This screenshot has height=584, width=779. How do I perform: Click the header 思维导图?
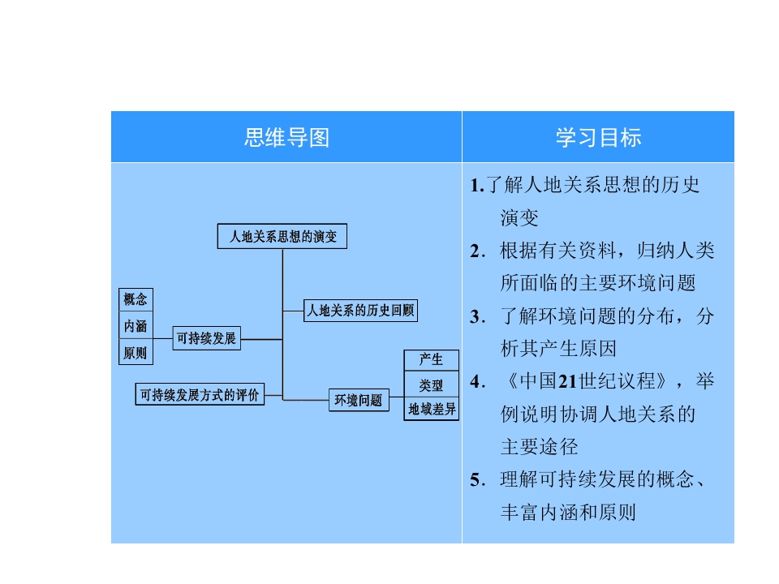pos(286,138)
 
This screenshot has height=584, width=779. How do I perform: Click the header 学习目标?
pos(598,138)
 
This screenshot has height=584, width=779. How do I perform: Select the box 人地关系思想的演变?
pos(282,236)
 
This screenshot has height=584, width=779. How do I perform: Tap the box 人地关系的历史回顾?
pos(360,311)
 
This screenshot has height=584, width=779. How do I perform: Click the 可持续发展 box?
pos(207,338)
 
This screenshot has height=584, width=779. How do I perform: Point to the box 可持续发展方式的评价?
pos(200,394)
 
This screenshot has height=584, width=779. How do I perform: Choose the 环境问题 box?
pos(359,400)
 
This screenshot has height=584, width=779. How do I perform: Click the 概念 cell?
pos(136,299)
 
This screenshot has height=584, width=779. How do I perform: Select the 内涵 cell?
pos(136,326)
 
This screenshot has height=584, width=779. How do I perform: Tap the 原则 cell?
pos(136,353)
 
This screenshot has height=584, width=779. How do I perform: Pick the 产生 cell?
pos(431,359)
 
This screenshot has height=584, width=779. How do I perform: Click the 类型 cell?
pos(431,384)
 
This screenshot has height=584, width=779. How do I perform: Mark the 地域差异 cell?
pos(431,409)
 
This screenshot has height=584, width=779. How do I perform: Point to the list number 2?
pos(477,251)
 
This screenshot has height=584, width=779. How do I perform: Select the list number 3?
pos(477,317)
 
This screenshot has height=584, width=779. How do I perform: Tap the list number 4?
pos(477,382)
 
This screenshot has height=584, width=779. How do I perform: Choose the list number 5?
pos(477,479)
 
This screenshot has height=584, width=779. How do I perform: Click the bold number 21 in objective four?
pos(567,382)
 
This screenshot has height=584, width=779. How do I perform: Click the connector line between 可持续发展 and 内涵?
pos(163,339)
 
